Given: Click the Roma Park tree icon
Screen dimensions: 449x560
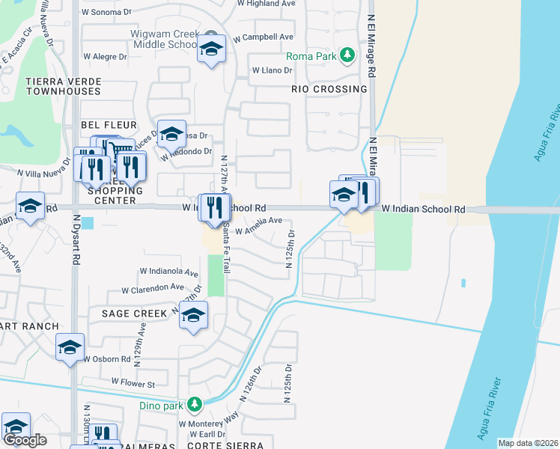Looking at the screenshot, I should click(x=347, y=55).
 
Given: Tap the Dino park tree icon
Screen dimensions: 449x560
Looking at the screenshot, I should click(x=195, y=405).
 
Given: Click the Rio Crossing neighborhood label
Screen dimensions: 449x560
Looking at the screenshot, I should click(x=329, y=89).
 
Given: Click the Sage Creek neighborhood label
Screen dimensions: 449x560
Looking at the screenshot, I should click(x=135, y=314).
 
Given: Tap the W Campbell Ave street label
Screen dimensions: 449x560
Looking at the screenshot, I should click(x=263, y=37).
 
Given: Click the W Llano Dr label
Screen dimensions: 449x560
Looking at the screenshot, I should click(x=271, y=70).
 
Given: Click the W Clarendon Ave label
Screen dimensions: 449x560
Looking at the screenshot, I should click(x=153, y=287).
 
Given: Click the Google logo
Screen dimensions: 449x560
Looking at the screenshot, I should click(x=25, y=440).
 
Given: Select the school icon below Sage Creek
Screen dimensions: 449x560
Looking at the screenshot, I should click(x=193, y=317).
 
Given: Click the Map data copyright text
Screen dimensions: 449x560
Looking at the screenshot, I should click(x=528, y=443).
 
